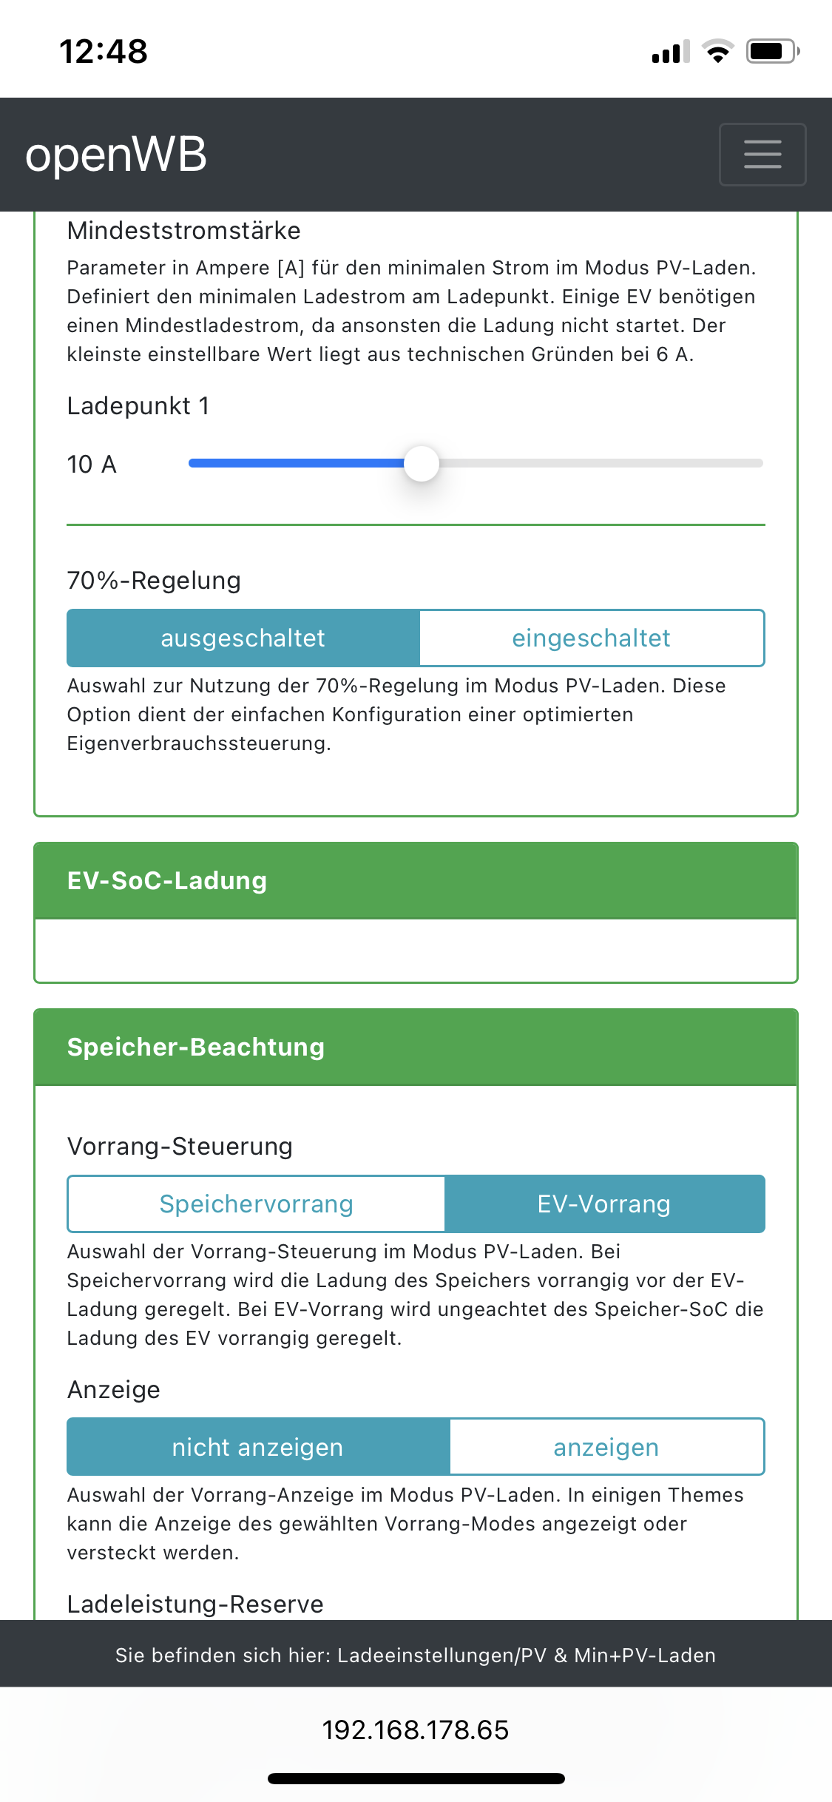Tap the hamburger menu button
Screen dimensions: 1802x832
click(762, 154)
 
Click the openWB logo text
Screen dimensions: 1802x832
click(116, 155)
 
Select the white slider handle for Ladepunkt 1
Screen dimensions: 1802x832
click(422, 464)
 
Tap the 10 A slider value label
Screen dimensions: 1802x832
click(92, 465)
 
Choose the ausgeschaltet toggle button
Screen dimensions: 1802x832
click(243, 638)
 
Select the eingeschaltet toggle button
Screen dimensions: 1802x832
click(591, 638)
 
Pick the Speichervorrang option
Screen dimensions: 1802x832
click(256, 1204)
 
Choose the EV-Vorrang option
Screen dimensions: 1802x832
click(603, 1204)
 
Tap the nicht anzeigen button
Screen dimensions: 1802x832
click(257, 1447)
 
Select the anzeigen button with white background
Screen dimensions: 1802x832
click(606, 1447)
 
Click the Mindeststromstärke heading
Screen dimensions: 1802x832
click(183, 231)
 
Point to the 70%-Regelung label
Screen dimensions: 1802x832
click(154, 581)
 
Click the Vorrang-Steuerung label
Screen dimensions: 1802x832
click(180, 1146)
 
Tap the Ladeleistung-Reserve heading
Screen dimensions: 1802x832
click(195, 1604)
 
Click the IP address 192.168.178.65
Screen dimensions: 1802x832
click(415, 1730)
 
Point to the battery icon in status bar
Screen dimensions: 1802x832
click(772, 51)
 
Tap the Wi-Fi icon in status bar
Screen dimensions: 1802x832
click(717, 51)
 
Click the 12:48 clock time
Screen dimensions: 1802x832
click(104, 51)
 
